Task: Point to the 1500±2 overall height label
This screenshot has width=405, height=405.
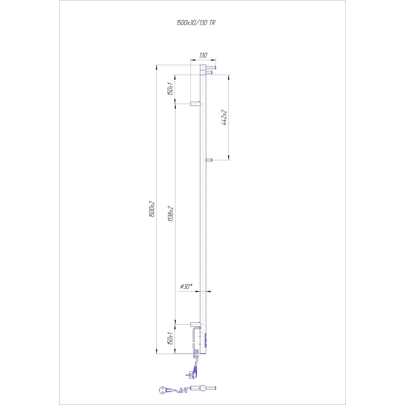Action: click(151, 210)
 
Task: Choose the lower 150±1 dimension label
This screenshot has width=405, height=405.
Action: click(171, 338)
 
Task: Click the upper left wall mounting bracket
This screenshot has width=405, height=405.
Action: click(195, 103)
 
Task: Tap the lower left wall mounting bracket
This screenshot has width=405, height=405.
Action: click(195, 323)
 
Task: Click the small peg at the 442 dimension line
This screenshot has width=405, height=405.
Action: click(209, 160)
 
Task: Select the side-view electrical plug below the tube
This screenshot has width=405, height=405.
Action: click(193, 373)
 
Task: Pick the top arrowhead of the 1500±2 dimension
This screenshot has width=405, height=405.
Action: click(156, 67)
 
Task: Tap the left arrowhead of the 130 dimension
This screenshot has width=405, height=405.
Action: click(192, 60)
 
